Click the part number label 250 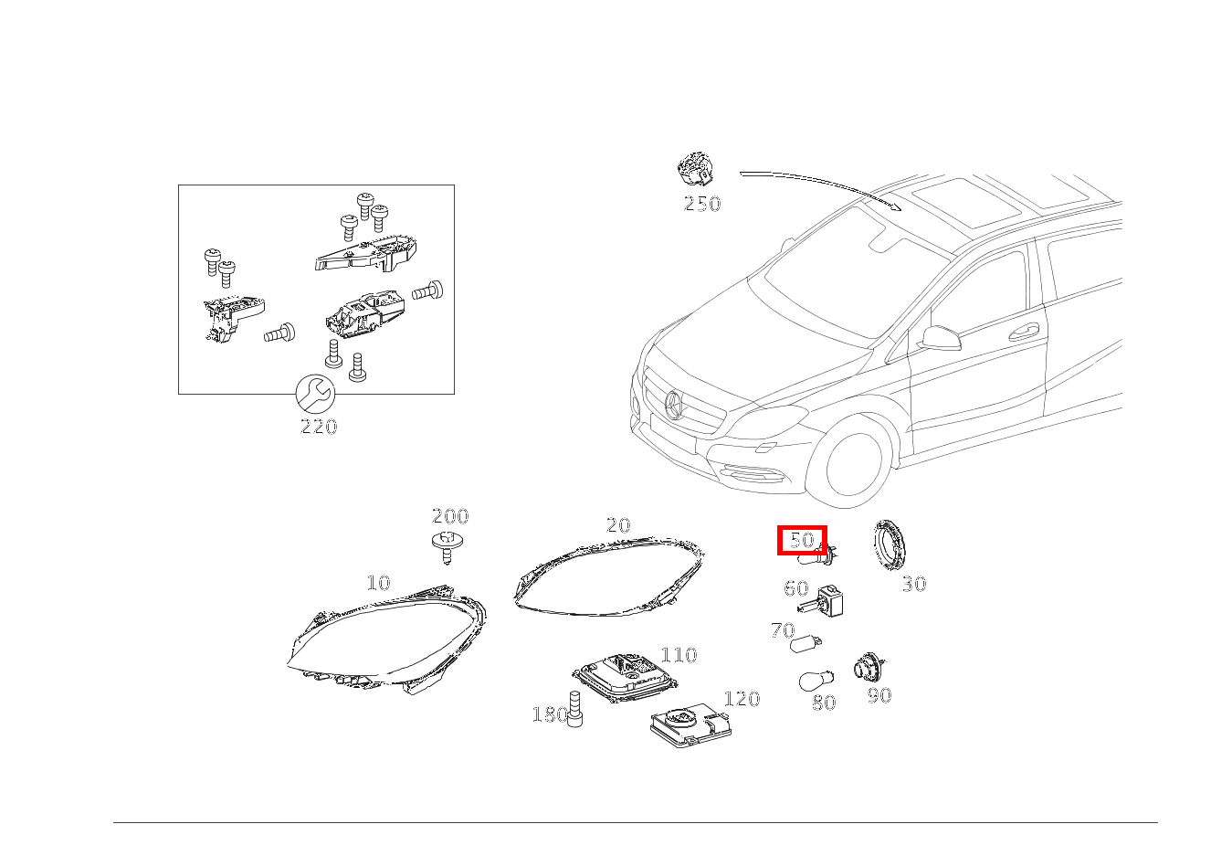click(x=701, y=204)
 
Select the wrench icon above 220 click(x=315, y=394)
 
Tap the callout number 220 click(x=319, y=427)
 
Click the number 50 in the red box click(x=802, y=540)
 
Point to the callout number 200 click(x=450, y=516)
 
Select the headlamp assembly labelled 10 click(x=386, y=639)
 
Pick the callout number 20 click(x=618, y=525)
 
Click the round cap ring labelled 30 click(x=890, y=545)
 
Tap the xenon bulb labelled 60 click(x=821, y=602)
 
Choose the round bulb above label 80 click(x=816, y=681)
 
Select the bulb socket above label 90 click(x=869, y=668)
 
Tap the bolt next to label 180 click(x=575, y=709)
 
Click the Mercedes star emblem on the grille click(x=674, y=405)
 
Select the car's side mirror click(x=942, y=338)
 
